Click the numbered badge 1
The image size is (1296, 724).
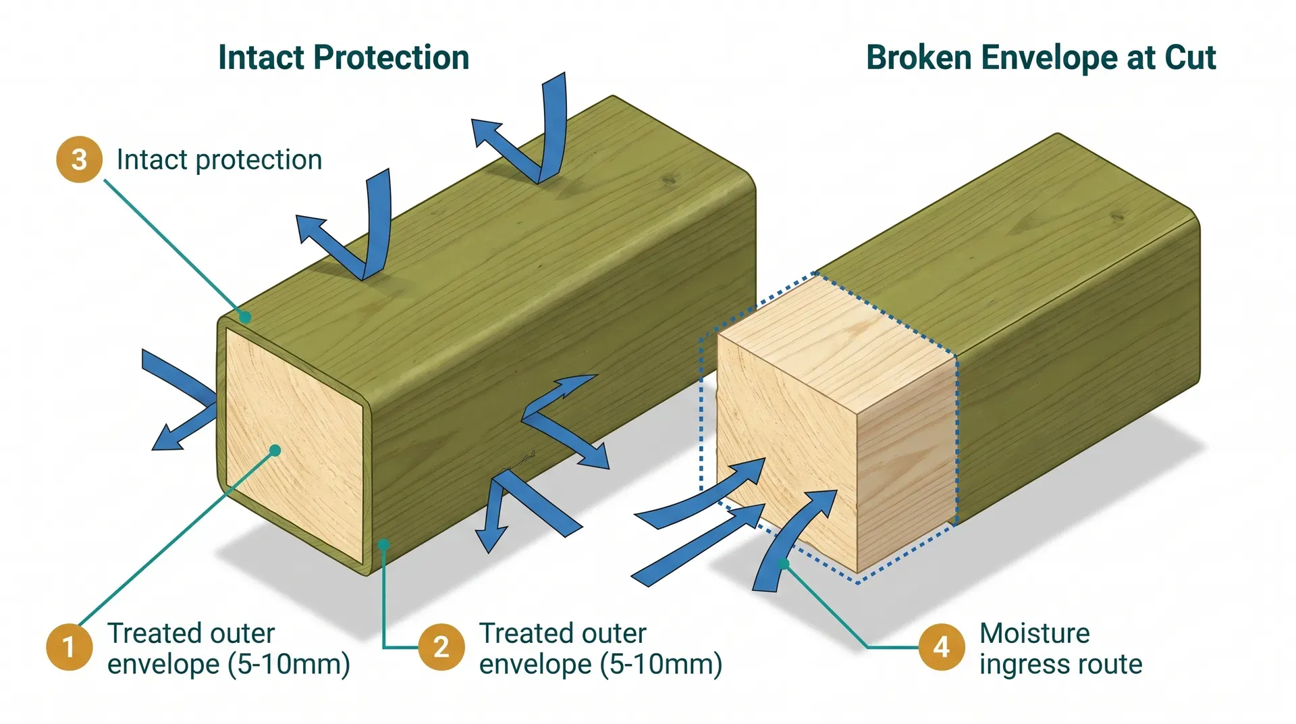(69, 647)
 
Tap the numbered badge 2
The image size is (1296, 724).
(441, 647)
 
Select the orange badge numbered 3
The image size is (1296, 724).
(79, 160)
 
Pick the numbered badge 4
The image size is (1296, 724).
(942, 647)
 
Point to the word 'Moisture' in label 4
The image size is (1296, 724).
(1034, 633)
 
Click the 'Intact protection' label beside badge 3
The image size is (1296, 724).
(219, 160)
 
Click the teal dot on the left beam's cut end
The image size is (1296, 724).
(275, 450)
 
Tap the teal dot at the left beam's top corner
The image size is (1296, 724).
(246, 317)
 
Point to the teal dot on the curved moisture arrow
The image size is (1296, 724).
(784, 563)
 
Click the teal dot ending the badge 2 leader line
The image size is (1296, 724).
(383, 544)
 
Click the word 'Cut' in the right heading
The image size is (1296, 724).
(1190, 58)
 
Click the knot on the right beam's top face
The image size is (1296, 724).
(1117, 216)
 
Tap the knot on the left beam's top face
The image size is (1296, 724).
(669, 180)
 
